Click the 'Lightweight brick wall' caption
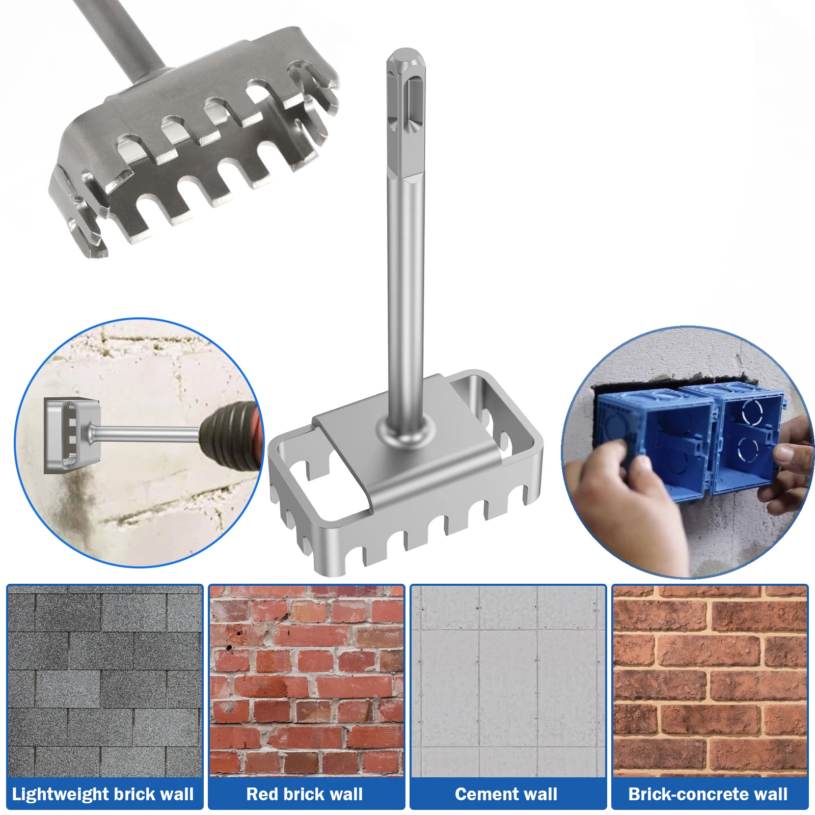coord(103,794)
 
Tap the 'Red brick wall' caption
coord(305,794)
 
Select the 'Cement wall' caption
coord(506,794)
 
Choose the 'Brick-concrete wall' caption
coord(708,794)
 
